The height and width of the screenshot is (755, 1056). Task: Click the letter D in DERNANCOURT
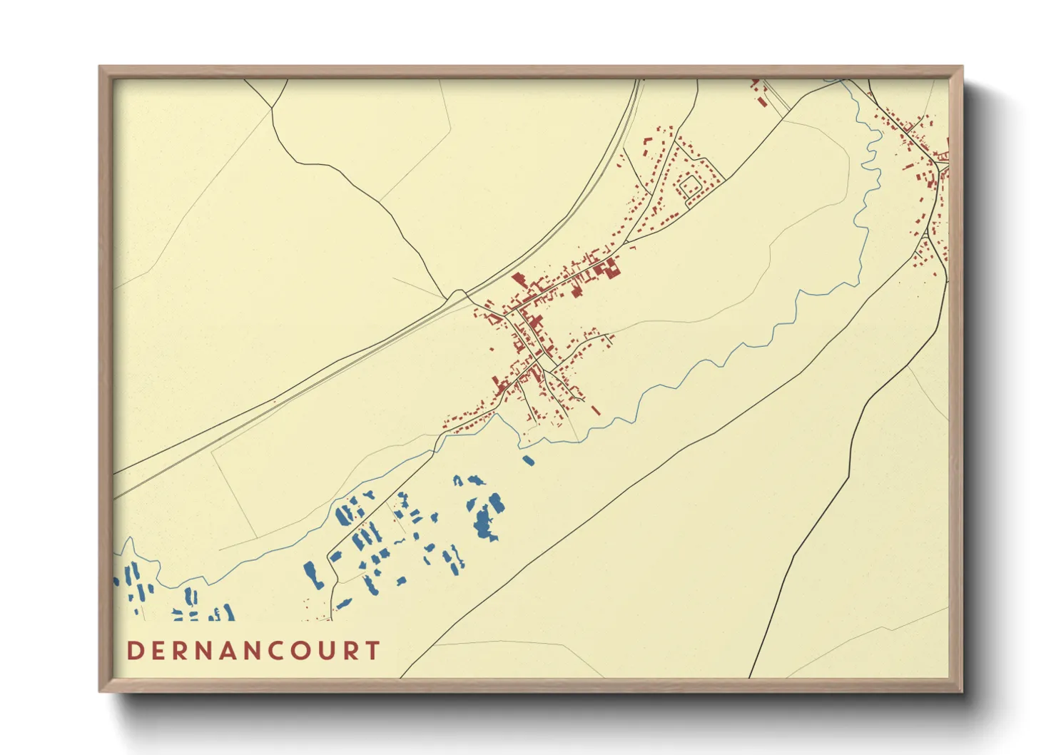coord(135,651)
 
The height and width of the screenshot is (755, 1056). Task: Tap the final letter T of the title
coord(372,651)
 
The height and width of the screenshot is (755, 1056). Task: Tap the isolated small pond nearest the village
coord(529,461)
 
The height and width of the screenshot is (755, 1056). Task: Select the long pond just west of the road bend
coord(312,574)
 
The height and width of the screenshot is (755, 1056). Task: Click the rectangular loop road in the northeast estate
coord(690,186)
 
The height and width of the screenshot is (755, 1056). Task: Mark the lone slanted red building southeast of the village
coord(595,410)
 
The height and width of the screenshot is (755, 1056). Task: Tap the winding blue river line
coord(714,360)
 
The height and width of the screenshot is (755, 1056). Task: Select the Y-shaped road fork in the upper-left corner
coord(272,108)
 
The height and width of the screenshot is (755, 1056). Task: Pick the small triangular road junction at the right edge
coord(944,166)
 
